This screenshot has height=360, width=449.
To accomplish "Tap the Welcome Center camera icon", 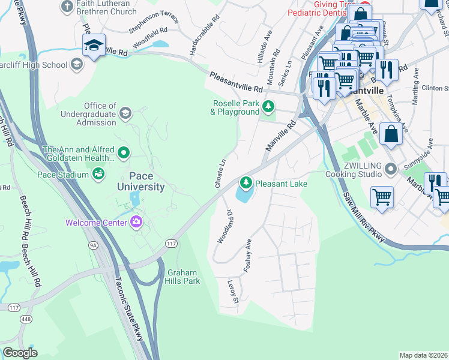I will tap(136, 223).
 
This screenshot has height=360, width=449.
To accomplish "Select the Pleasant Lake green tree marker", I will tap(245, 182).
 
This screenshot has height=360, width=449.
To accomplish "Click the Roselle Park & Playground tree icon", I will tap(269, 107).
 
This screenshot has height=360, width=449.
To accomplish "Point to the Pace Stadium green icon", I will tap(97, 174).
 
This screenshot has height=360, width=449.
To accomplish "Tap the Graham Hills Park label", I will tap(182, 276).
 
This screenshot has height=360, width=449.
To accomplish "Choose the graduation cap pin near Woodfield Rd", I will tap(94, 46).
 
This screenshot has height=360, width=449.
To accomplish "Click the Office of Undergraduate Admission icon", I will tap(125, 113).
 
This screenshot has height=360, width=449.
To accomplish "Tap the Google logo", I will tap(20, 353).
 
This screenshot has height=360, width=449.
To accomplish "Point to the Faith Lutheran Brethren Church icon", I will tap(67, 7).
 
